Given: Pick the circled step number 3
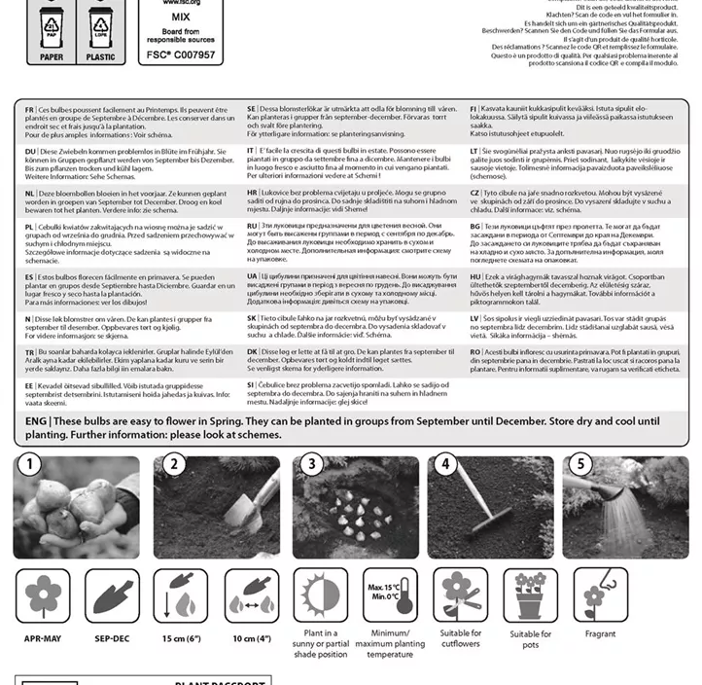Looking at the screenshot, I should click(x=312, y=464).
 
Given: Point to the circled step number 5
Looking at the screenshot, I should click(x=581, y=464).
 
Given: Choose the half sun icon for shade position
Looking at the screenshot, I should click(x=320, y=595).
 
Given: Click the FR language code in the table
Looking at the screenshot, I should click(x=30, y=109).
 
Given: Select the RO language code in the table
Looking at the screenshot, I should click(x=474, y=351).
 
